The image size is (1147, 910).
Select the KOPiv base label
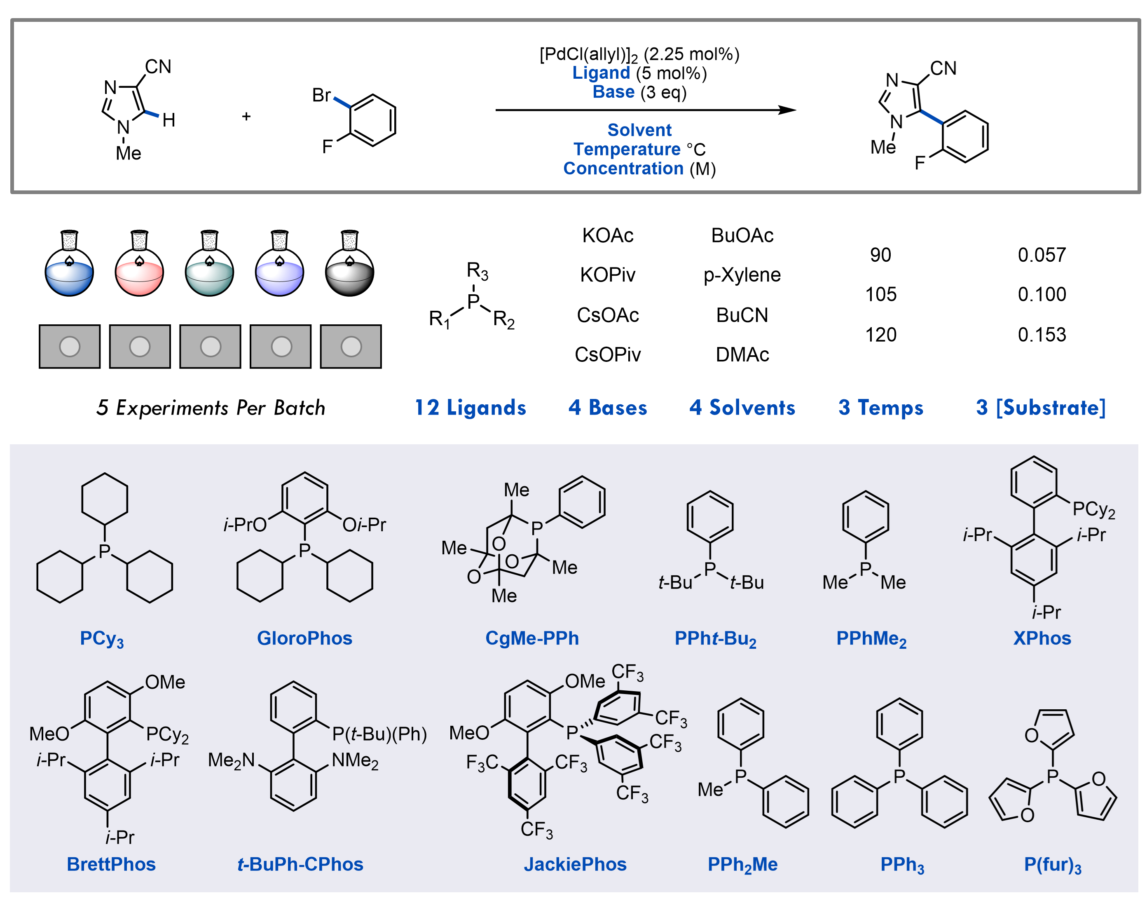click(608, 275)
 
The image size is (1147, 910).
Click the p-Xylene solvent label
click(742, 275)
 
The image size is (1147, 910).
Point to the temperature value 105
click(880, 294)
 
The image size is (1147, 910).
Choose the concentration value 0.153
click(1042, 335)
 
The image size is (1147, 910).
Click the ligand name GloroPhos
click(304, 638)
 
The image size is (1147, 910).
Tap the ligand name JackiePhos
click(575, 864)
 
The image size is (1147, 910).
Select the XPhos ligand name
click(1042, 638)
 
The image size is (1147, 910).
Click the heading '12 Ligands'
click(470, 408)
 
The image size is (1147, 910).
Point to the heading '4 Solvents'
click(742, 408)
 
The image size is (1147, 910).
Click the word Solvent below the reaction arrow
click(639, 130)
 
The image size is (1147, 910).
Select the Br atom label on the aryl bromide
click(321, 95)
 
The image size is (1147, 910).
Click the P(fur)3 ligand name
click(1052, 865)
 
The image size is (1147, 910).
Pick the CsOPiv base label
click(608, 354)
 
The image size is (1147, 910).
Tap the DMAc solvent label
click(742, 354)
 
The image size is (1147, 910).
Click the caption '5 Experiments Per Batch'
click(211, 408)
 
